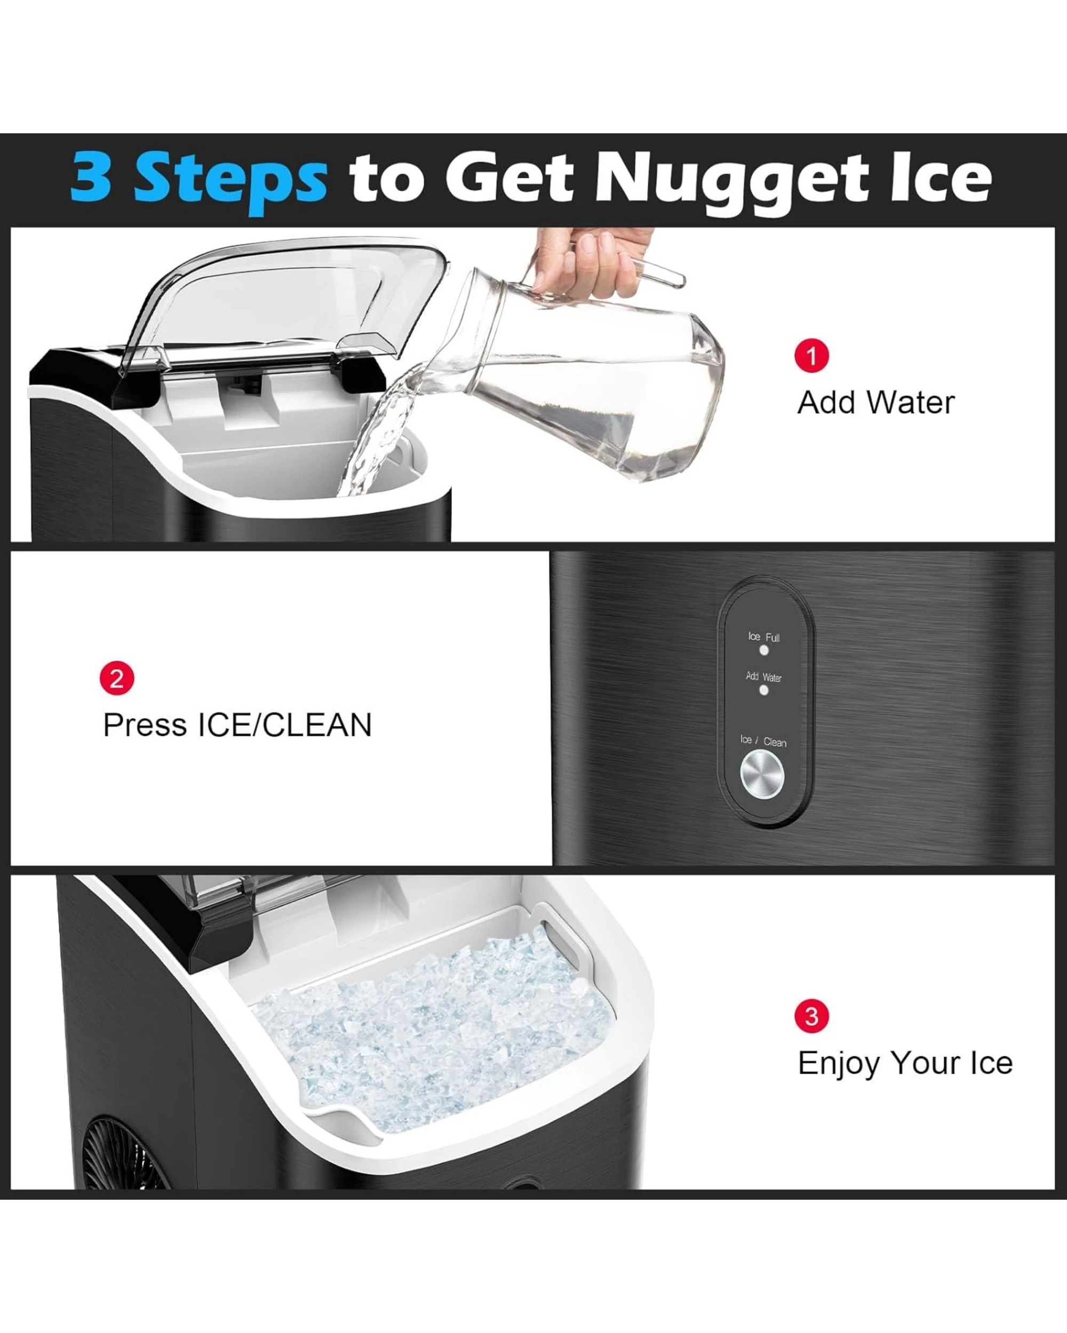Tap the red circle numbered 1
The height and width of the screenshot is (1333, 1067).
coord(811,356)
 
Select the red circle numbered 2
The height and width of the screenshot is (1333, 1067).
coord(117,678)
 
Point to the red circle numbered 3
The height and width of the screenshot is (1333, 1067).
coord(811,1016)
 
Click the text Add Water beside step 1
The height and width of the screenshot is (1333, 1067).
coord(875,403)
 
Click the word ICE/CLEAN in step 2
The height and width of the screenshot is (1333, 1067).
coord(284,725)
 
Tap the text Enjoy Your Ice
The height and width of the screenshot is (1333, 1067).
coord(905,1063)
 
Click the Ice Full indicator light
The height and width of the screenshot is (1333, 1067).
coord(764,651)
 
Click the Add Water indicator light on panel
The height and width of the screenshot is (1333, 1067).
coord(764,690)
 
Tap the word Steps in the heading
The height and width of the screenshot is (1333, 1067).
coord(230,179)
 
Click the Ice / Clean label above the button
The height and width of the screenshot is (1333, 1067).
coord(763,741)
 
